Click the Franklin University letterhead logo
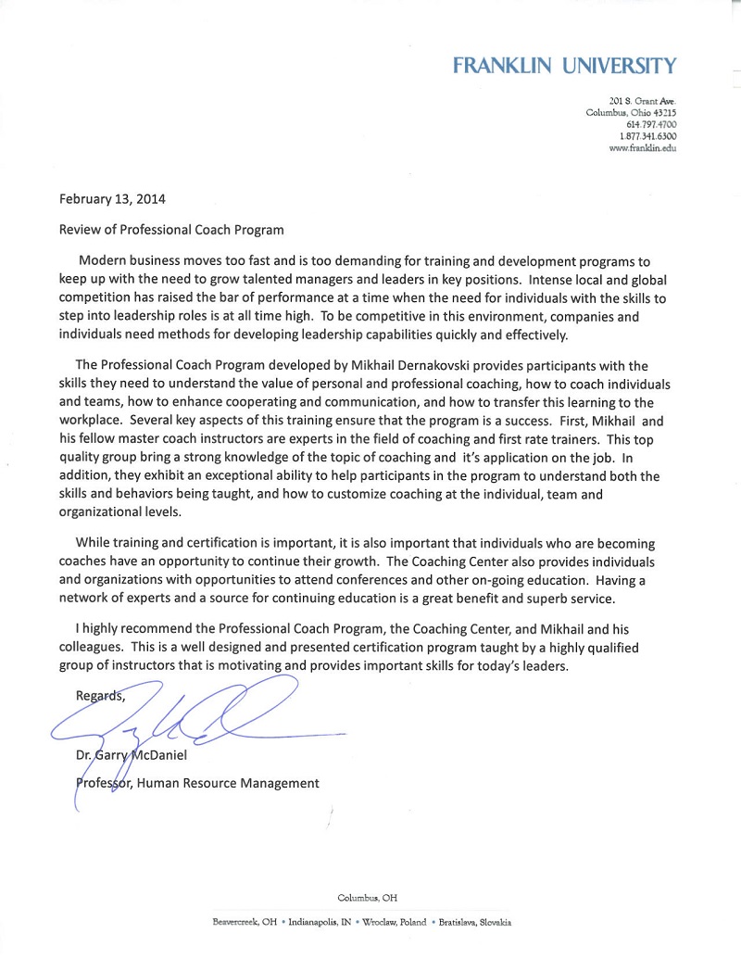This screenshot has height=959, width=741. point(564,65)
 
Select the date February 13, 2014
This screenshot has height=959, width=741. point(112,198)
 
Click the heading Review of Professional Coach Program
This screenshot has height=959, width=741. point(171,229)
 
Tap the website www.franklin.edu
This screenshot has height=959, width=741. point(643,148)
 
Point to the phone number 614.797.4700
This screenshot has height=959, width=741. point(651,124)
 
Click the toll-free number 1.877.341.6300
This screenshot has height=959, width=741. point(647,136)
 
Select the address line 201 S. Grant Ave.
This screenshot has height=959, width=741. point(643,100)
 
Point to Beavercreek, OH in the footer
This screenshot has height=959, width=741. point(245,923)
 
